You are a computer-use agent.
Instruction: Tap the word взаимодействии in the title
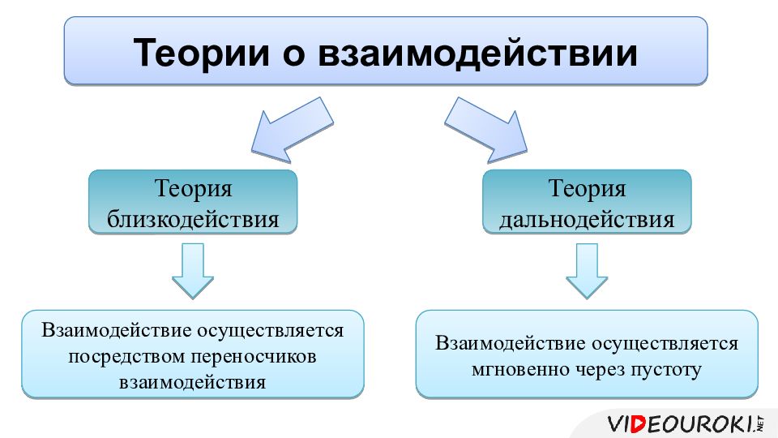click(x=477, y=52)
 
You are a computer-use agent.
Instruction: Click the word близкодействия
click(x=193, y=219)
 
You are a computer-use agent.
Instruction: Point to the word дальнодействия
click(x=588, y=219)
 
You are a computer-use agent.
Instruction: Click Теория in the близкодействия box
click(x=193, y=189)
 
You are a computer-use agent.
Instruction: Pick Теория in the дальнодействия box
click(x=588, y=189)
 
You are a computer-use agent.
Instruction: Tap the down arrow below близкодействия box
click(x=193, y=271)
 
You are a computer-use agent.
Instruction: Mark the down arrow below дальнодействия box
click(x=587, y=271)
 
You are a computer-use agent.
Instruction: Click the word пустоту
click(x=669, y=370)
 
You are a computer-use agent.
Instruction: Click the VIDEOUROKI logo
click(x=682, y=423)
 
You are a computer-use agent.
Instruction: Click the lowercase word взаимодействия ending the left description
click(x=193, y=382)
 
